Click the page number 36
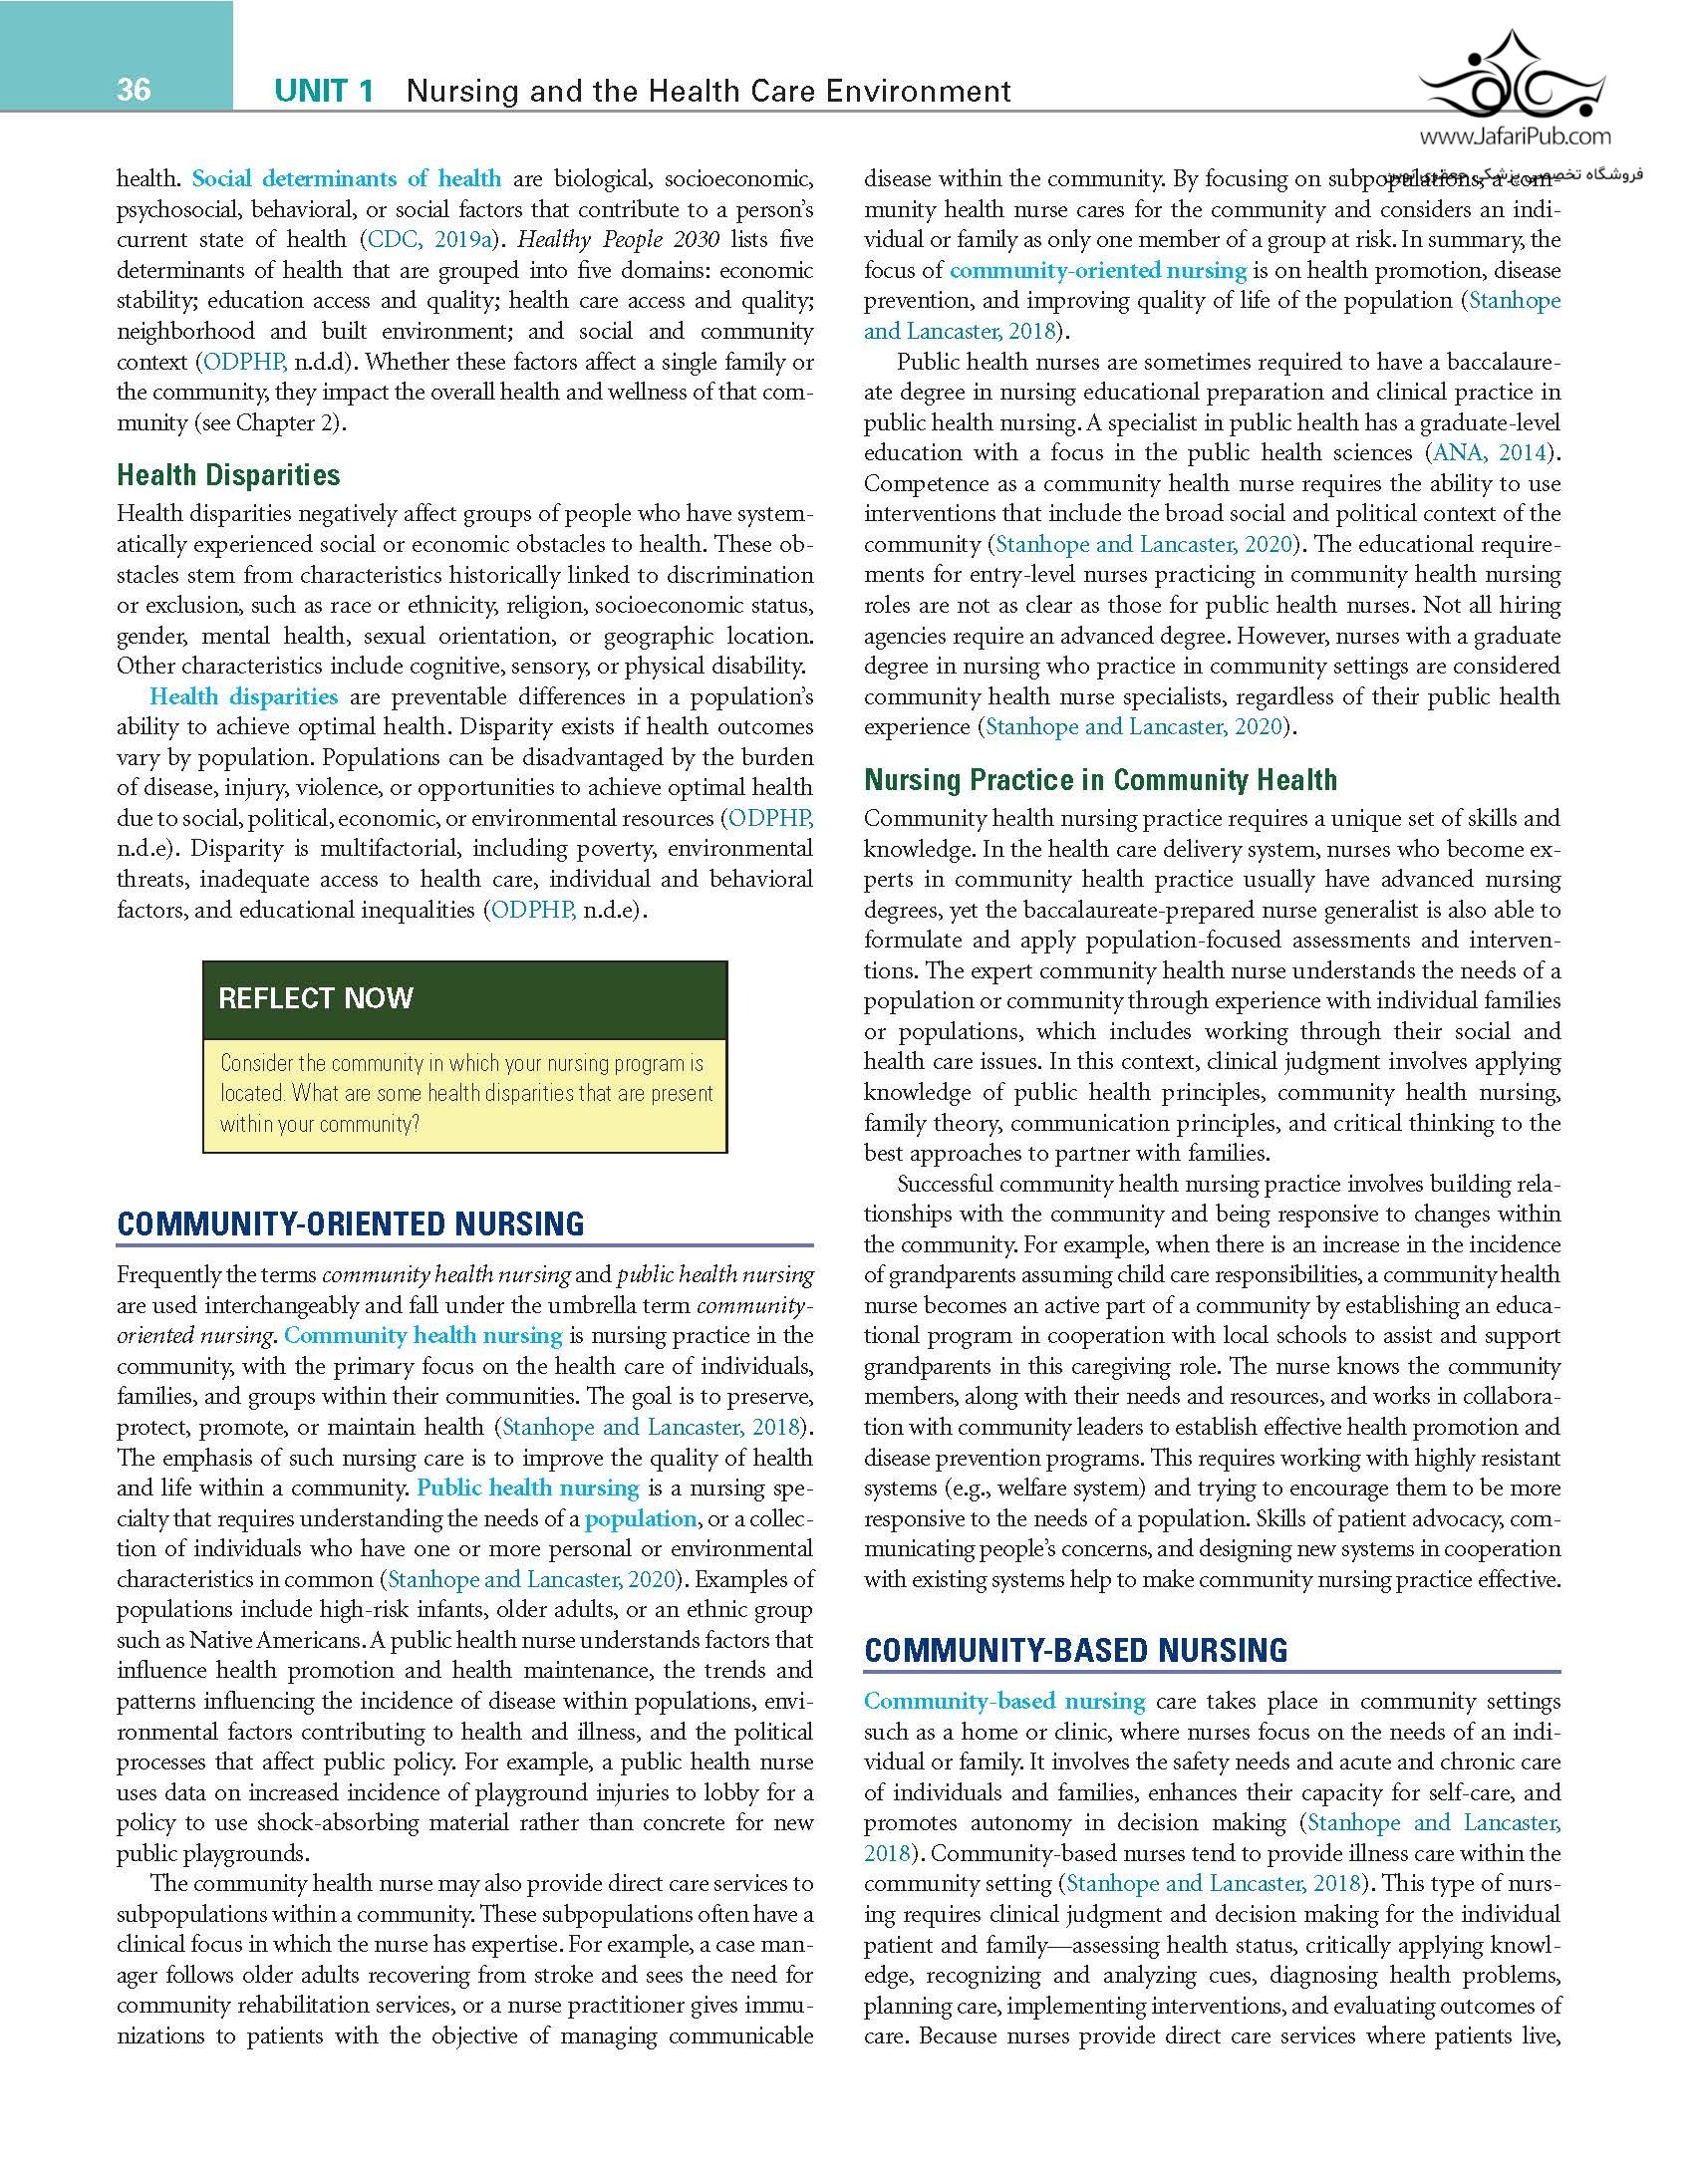134,90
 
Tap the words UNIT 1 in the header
324,92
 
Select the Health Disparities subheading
228,475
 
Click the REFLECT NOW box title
315,998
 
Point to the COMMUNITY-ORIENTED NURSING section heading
351,1224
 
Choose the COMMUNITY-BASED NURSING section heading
1075,1651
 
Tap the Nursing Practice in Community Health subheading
1100,780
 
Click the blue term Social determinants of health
346,179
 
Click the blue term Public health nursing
528,1489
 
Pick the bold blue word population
640,1519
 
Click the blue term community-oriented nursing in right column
1097,271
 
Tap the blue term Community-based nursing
1004,1702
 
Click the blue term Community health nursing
423,1336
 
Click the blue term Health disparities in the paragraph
243,697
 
